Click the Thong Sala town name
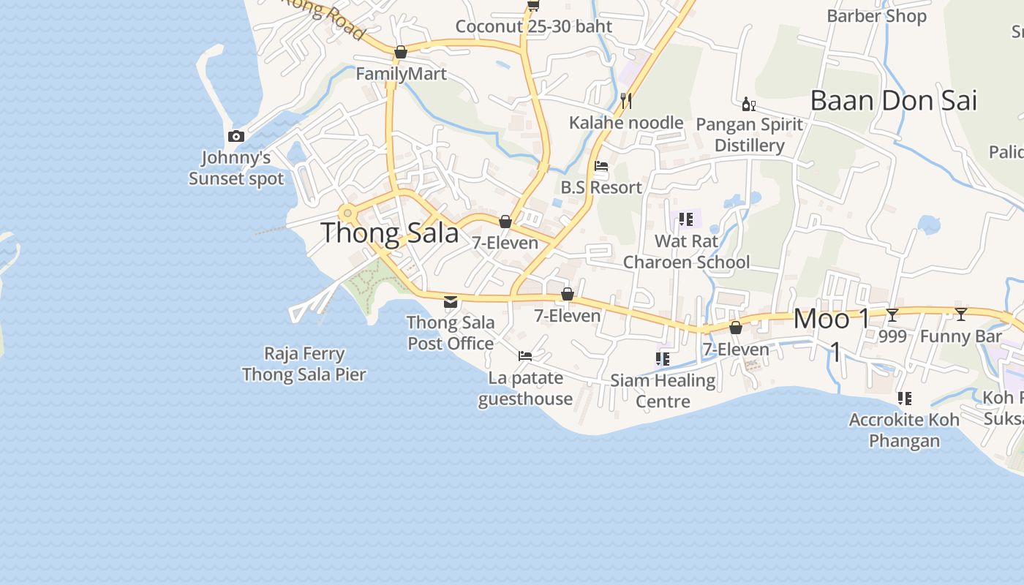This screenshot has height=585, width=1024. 390,233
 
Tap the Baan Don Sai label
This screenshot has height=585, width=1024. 893,101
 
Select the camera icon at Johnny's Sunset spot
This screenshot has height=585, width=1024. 236,137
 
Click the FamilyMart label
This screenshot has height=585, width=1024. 401,74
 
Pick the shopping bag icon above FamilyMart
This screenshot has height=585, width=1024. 401,53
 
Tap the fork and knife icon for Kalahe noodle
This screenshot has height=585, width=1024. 625,100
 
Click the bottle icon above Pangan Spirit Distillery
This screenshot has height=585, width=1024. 748,105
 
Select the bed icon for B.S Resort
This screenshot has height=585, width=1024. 601,166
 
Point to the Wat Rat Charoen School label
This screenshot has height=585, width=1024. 686,252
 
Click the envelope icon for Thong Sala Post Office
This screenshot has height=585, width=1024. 451,301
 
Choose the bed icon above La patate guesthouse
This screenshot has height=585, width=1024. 525,356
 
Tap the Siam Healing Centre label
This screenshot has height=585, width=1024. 663,390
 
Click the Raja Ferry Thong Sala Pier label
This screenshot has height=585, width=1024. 304,364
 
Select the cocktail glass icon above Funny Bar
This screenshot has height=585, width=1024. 961,314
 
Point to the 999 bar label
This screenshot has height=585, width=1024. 892,336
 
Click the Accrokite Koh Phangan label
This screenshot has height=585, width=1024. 904,431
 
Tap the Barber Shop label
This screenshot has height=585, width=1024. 876,16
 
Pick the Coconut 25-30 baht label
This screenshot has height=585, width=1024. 533,27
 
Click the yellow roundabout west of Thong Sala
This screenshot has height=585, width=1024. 348,214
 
